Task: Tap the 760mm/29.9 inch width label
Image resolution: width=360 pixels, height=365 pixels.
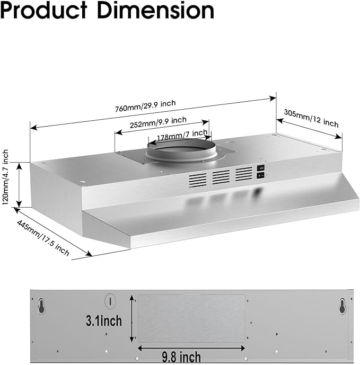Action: (145, 106)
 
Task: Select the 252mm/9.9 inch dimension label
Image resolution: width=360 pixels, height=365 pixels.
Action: (158, 122)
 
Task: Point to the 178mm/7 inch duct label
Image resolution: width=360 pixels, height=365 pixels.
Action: (182, 136)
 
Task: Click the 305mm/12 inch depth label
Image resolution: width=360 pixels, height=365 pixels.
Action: (311, 119)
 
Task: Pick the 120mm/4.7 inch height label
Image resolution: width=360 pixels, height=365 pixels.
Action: (5, 177)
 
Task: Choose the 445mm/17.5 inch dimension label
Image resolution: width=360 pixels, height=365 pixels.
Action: (43, 238)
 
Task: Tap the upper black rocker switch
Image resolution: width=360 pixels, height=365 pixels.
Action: (261, 167)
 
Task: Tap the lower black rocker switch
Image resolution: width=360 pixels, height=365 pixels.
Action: (261, 175)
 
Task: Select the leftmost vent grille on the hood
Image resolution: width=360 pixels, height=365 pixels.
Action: (198, 180)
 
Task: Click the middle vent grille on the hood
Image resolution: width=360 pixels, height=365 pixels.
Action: (221, 177)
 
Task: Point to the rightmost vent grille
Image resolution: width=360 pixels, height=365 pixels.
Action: (244, 174)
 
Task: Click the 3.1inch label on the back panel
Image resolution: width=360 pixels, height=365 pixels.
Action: (104, 321)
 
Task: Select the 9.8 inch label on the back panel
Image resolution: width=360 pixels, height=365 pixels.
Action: (181, 357)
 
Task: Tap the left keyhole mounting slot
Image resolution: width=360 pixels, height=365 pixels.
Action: (41, 306)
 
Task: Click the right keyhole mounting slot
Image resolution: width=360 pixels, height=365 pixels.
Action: (343, 306)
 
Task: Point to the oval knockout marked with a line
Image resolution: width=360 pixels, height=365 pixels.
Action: (110, 302)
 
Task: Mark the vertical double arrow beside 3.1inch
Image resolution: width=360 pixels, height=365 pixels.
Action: (132, 318)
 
